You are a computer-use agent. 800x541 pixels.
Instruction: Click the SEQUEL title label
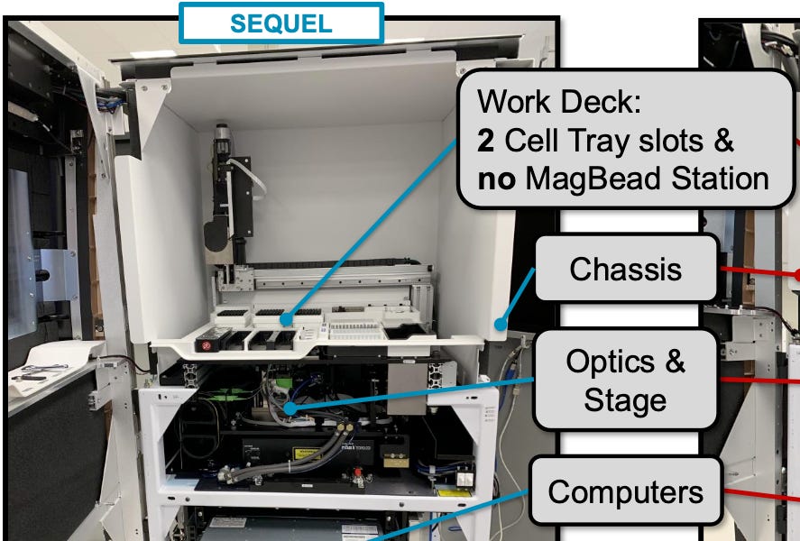pos(281,23)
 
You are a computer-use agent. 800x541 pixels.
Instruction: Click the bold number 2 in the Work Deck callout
pos(487,141)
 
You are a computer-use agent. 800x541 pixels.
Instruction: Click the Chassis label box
pos(626,269)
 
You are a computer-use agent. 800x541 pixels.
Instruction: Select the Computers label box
pos(625,491)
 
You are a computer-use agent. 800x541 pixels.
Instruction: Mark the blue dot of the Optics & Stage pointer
pos(290,410)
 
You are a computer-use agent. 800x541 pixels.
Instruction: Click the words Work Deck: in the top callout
pos(559,101)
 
